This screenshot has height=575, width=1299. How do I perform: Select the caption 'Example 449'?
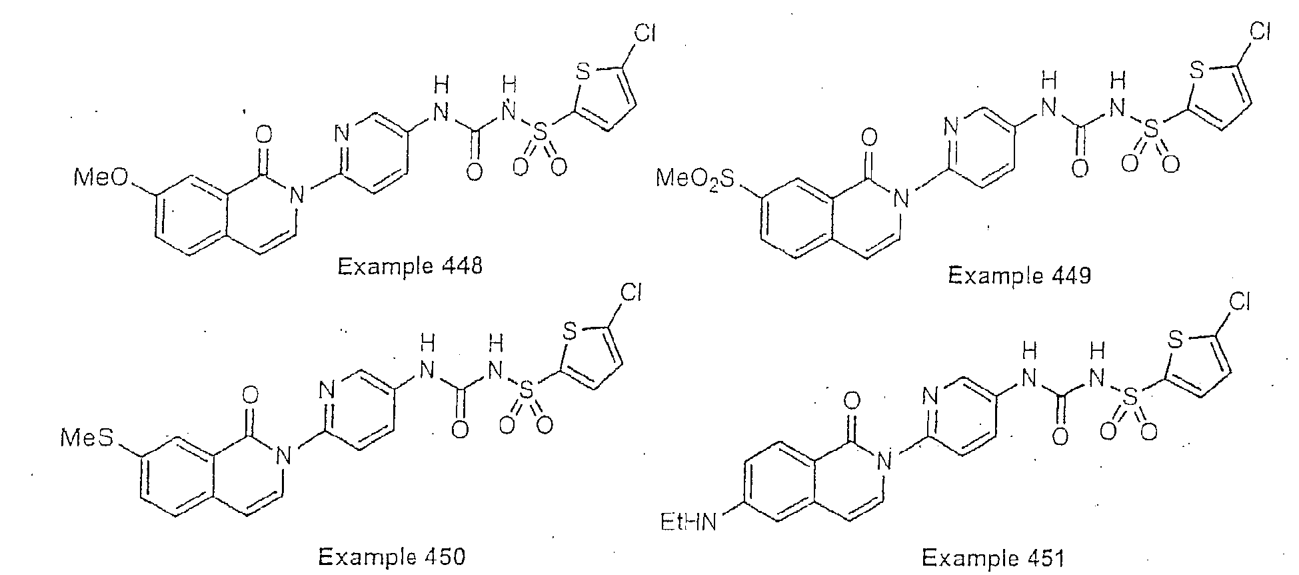pyautogui.click(x=1020, y=275)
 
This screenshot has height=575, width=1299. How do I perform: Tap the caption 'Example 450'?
pyautogui.click(x=392, y=556)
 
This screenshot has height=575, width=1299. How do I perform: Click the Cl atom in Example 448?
pyautogui.click(x=644, y=35)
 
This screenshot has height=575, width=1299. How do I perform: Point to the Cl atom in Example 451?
pyautogui.click(x=1238, y=304)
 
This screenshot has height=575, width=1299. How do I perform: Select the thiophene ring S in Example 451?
pyautogui.click(x=1176, y=341)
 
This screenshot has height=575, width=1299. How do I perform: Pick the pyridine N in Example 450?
pyautogui.click(x=327, y=390)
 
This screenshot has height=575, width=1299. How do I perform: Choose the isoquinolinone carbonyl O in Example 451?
pyautogui.click(x=851, y=402)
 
